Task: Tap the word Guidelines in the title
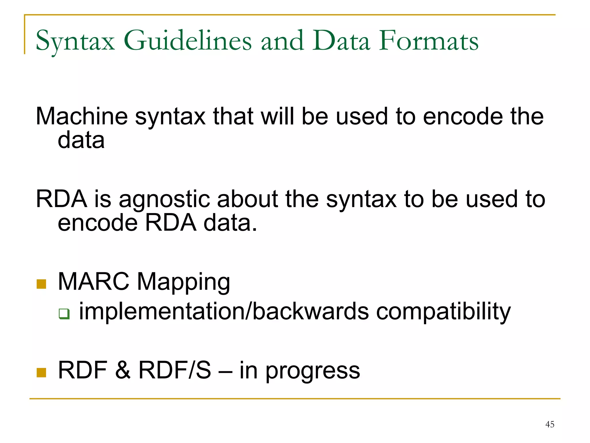(188, 41)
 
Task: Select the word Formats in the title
(428, 41)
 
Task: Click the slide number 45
(550, 424)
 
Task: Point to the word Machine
(82, 116)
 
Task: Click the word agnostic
(164, 200)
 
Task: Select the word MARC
(94, 281)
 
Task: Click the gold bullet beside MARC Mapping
(41, 284)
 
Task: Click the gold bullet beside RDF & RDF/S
(41, 372)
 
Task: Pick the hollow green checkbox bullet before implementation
(64, 314)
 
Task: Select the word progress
(313, 371)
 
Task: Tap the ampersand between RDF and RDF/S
(123, 370)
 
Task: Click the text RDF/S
(175, 370)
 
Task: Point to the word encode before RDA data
(98, 223)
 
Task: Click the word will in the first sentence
(277, 116)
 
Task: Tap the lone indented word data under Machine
(81, 140)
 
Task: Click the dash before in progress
(225, 371)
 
